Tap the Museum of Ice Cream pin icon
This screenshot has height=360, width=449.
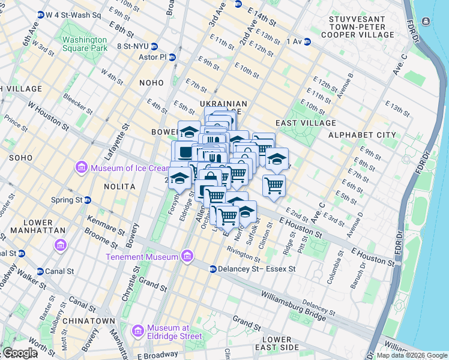pos(82,167)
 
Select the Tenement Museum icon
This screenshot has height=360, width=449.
pos(187,257)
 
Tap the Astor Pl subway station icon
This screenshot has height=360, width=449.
pos(172,58)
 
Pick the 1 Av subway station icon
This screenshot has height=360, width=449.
pos(307,41)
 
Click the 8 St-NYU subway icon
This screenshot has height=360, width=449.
pos(154,46)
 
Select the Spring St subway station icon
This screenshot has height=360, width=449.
pos(88,200)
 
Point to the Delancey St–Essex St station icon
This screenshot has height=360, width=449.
pos(212,269)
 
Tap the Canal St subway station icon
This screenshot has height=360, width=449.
pos(40,271)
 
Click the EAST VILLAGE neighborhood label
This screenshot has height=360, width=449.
pos(306,123)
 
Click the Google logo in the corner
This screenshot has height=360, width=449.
pos(19,353)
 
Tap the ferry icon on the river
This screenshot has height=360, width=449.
pos(426,22)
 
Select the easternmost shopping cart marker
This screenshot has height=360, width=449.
pos(274,185)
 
